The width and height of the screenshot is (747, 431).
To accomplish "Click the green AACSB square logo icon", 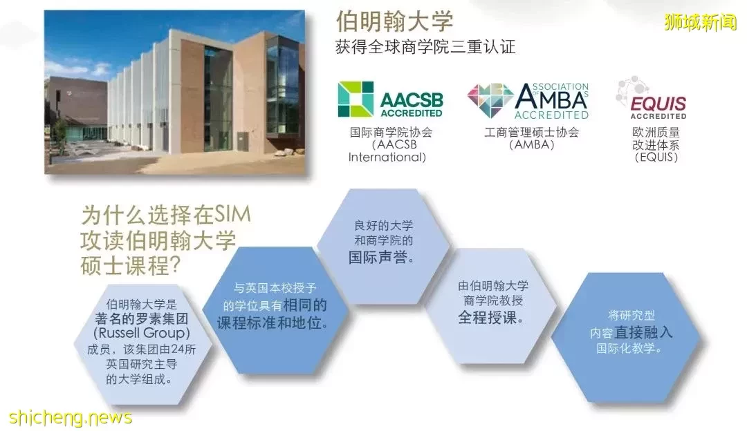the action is (x=356, y=99).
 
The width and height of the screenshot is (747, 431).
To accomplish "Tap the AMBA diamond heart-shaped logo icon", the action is (x=490, y=100).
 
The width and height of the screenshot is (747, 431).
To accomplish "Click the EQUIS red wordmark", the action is (x=658, y=103).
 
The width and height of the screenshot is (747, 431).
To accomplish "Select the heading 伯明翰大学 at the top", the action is (x=394, y=21).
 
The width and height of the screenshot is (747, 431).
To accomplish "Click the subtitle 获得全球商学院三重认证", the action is (x=425, y=46).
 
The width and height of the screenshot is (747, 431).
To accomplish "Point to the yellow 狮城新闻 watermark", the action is (x=700, y=22).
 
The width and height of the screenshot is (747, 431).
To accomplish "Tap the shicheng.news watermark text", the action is (x=71, y=418).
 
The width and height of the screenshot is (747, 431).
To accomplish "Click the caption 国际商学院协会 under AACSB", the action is (x=391, y=132).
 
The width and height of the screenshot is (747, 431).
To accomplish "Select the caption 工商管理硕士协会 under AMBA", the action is (x=532, y=132).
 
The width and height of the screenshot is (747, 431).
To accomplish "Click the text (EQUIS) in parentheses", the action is (x=656, y=157).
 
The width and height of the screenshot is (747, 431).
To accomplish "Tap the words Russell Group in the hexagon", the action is (x=142, y=333).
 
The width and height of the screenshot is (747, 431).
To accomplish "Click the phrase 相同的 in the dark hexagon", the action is (x=306, y=305).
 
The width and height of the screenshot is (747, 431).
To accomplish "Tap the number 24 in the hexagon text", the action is (x=177, y=349).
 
